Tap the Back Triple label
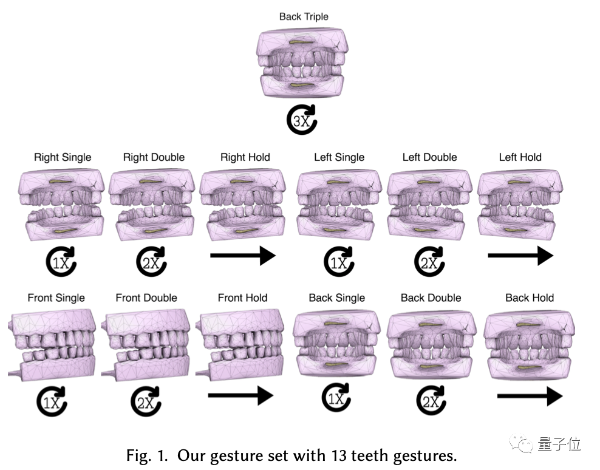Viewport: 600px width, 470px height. click(x=304, y=16)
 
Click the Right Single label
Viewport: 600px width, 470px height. click(x=63, y=157)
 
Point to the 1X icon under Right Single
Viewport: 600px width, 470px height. click(x=60, y=262)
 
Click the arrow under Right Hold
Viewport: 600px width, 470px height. click(x=243, y=256)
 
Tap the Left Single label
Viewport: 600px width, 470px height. click(x=339, y=157)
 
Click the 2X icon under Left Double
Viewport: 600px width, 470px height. click(x=428, y=262)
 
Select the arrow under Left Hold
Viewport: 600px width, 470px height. click(x=520, y=256)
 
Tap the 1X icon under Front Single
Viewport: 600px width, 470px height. click(x=52, y=401)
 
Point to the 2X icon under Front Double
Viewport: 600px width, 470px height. click(x=145, y=401)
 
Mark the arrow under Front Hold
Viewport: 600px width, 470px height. click(x=241, y=397)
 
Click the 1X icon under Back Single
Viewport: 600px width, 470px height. click(x=336, y=399)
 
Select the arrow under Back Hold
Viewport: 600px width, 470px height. click(x=530, y=397)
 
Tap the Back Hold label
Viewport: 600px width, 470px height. click(x=530, y=298)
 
